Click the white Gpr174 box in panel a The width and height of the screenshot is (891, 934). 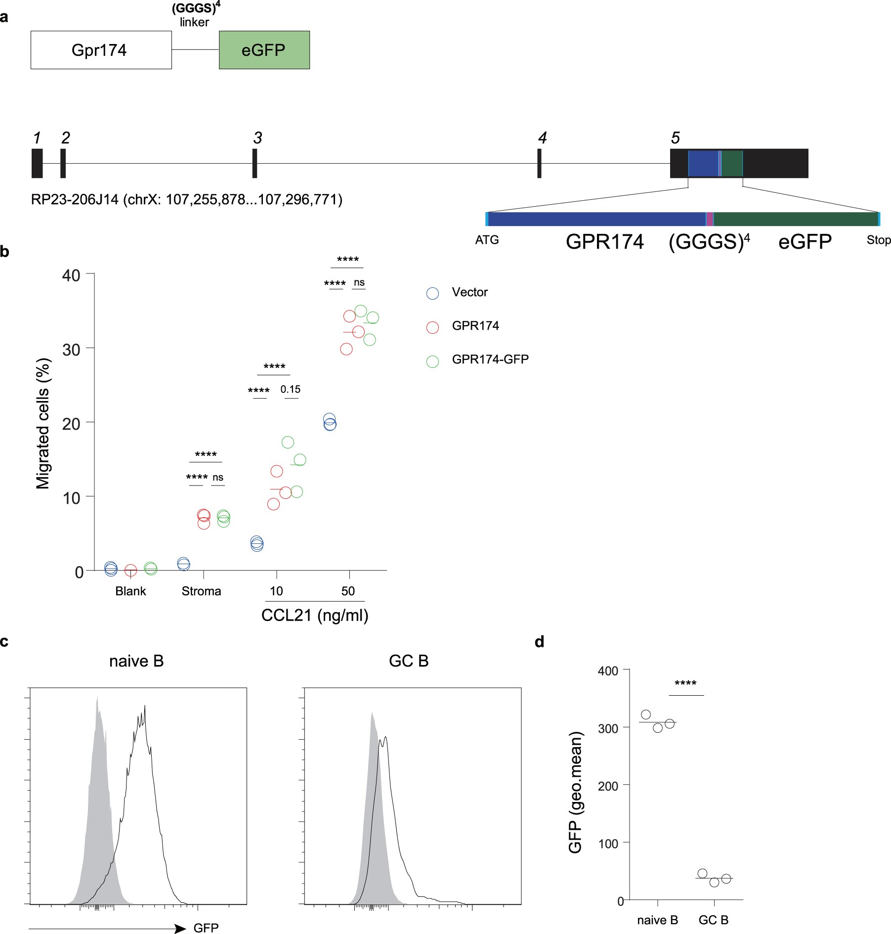pos(101,50)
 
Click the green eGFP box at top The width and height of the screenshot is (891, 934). pos(264,50)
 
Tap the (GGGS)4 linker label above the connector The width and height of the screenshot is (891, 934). pos(195,15)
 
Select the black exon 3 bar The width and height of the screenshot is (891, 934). pos(255,163)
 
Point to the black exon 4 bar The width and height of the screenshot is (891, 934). pos(539,163)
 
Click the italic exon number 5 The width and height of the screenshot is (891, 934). pos(675,138)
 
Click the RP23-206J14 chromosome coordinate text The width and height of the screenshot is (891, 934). pos(186,200)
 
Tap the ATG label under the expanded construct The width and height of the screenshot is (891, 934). pos(487,240)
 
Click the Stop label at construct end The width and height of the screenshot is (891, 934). pos(878,240)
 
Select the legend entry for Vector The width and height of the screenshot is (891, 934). pos(469,292)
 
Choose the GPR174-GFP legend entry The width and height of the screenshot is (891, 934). pos(489,359)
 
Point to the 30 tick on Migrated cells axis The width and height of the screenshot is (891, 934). pos(71,350)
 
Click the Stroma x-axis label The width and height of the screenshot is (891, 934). pos(201,591)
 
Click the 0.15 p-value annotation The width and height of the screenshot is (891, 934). pos(290,390)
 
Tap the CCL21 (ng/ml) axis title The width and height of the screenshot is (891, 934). pos(315,616)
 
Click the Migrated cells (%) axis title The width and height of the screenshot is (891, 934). pos(43,424)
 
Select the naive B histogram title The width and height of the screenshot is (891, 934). pos(136,661)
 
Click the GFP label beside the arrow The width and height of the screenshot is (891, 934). pos(206,928)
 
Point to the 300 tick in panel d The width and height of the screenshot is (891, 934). pos(608,728)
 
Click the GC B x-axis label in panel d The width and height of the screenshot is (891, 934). pos(713,920)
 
